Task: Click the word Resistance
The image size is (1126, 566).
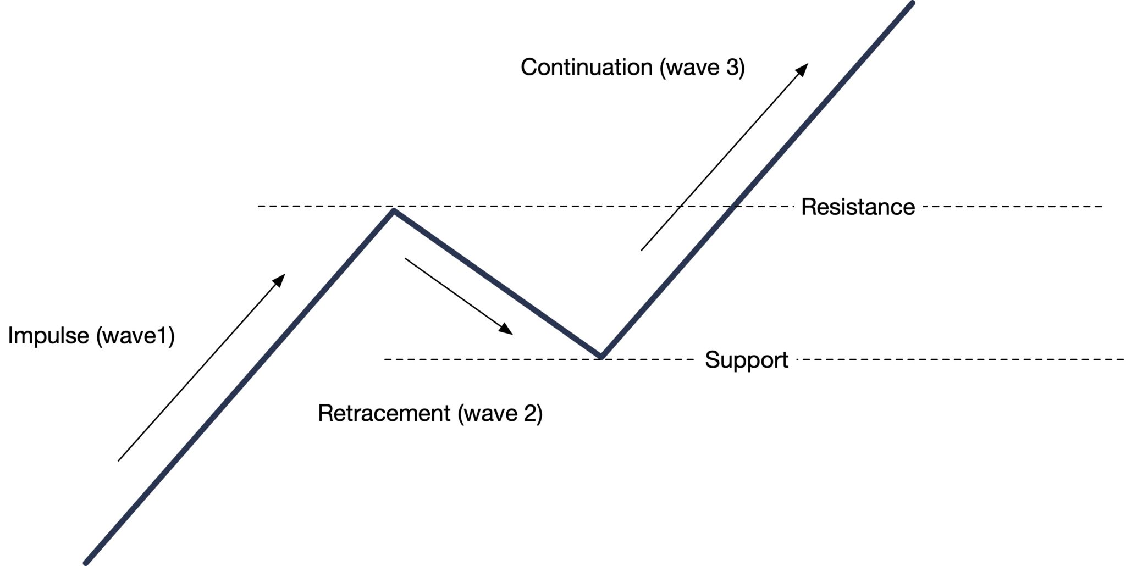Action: click(x=858, y=207)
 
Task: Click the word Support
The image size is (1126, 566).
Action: click(x=746, y=360)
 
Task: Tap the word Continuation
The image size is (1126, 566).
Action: click(x=586, y=67)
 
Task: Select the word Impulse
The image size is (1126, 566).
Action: click(x=48, y=336)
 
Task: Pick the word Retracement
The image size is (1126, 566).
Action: click(x=384, y=413)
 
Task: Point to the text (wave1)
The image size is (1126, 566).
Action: click(x=135, y=336)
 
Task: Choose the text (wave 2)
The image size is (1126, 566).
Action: click(x=500, y=413)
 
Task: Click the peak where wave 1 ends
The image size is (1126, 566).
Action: click(x=394, y=210)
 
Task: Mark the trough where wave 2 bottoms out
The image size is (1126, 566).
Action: click(x=601, y=356)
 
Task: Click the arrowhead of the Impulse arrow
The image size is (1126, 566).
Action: click(x=281, y=278)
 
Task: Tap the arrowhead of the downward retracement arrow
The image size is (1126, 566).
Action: click(x=507, y=331)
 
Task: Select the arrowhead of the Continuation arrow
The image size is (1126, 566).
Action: click(x=804, y=68)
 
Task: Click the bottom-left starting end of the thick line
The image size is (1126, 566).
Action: click(x=86, y=562)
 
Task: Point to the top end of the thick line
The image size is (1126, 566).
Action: click(x=912, y=4)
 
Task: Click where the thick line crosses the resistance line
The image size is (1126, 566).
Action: click(x=733, y=207)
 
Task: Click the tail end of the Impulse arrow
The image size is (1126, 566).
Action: click(x=119, y=460)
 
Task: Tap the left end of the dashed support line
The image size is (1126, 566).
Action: click(x=385, y=359)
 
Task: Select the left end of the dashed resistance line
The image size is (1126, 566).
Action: click(x=259, y=206)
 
